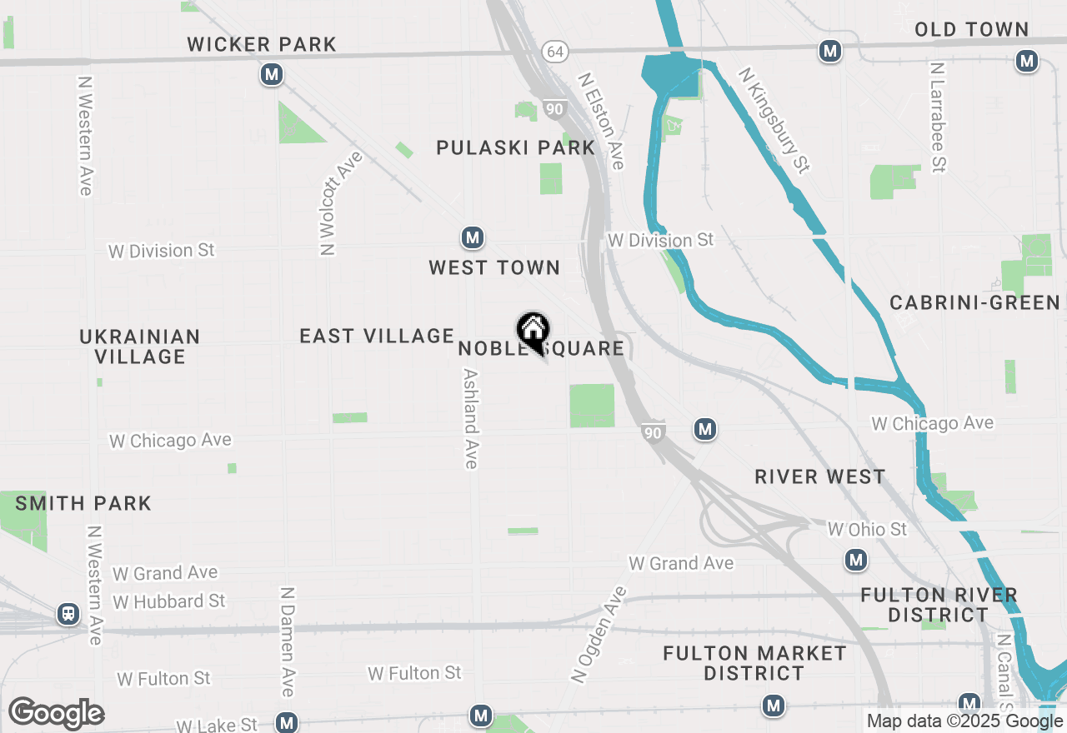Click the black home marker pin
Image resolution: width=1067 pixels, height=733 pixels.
533,332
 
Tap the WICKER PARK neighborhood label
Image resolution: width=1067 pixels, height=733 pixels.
262,44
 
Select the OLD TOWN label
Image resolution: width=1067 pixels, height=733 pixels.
971,29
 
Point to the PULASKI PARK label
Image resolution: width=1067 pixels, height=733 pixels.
516,148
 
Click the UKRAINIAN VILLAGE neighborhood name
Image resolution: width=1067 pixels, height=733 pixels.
140,347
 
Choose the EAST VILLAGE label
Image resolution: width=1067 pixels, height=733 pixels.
377,336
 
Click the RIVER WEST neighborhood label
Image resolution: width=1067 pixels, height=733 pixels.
820,476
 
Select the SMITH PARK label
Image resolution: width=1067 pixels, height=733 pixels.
83,503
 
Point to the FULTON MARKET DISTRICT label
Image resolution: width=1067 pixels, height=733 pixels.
754,663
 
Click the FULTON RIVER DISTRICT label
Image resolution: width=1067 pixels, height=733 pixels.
939,605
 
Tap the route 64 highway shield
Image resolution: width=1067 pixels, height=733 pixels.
554,52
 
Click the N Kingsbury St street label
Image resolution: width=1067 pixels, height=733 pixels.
774,120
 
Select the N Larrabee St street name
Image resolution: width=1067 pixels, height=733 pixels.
939,117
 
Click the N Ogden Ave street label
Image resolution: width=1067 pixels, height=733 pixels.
599,636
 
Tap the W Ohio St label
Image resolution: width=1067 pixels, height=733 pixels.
867,529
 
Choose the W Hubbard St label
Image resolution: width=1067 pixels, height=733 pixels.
169,601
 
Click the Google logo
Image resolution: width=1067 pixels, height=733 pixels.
57,713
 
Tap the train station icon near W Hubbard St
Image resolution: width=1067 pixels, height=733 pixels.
68,615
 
